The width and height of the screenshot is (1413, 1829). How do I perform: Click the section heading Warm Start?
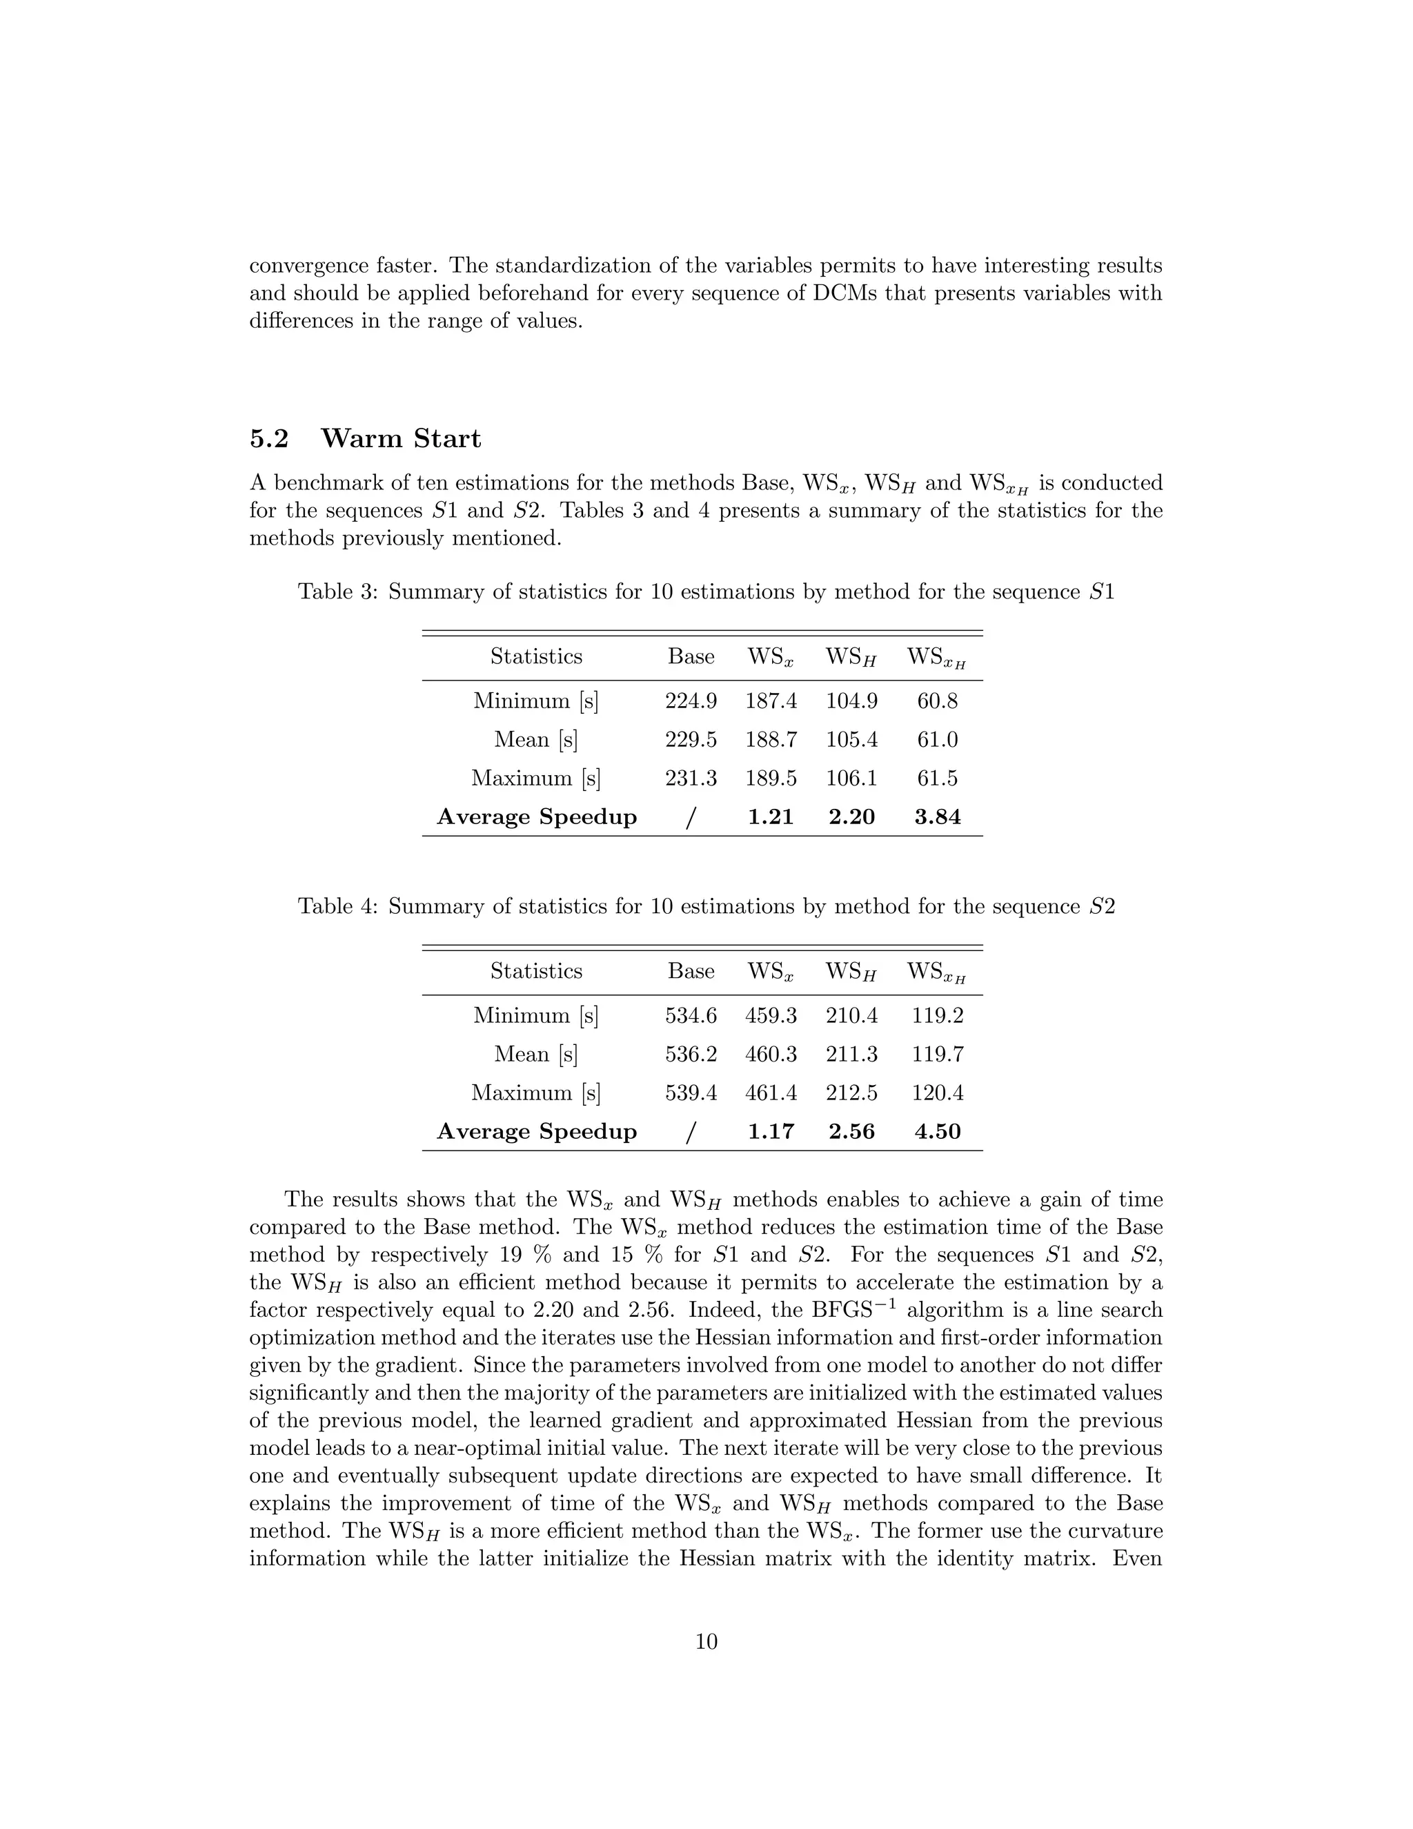click(401, 438)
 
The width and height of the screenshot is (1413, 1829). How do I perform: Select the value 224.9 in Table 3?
click(691, 701)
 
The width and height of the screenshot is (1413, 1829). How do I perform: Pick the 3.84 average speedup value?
click(937, 816)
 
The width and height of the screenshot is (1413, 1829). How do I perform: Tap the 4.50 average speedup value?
click(937, 1131)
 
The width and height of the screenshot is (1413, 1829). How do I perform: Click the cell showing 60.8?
click(937, 701)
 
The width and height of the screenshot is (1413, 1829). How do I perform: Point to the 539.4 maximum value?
click(691, 1093)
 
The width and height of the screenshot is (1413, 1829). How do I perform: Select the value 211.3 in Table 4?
click(851, 1055)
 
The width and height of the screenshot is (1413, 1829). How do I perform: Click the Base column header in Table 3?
click(691, 656)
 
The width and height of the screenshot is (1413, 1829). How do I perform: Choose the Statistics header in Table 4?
click(535, 972)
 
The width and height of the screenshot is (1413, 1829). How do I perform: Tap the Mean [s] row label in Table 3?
click(535, 739)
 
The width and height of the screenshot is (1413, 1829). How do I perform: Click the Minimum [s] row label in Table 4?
click(535, 1016)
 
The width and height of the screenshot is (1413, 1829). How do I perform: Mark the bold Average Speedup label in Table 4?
click(537, 1131)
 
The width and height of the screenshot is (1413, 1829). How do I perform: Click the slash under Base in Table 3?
click(691, 817)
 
